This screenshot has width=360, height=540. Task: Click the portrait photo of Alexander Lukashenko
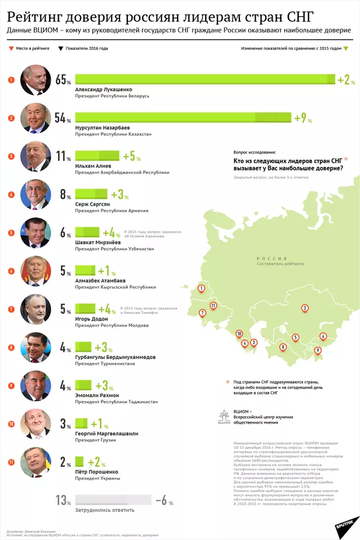(x=36, y=80)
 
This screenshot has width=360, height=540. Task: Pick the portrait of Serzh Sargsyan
(x=36, y=194)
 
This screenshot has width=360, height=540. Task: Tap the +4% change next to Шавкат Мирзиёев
(x=112, y=232)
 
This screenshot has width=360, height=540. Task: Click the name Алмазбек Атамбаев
(x=100, y=280)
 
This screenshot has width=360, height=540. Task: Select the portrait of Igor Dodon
(x=36, y=309)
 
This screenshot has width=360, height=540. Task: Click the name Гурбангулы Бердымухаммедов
(x=115, y=356)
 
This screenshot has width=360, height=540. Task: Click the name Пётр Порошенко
(x=97, y=472)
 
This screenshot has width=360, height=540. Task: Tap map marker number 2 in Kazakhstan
(x=305, y=308)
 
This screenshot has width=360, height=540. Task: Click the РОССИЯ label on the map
(x=268, y=257)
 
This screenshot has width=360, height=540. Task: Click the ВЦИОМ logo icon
(x=223, y=417)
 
